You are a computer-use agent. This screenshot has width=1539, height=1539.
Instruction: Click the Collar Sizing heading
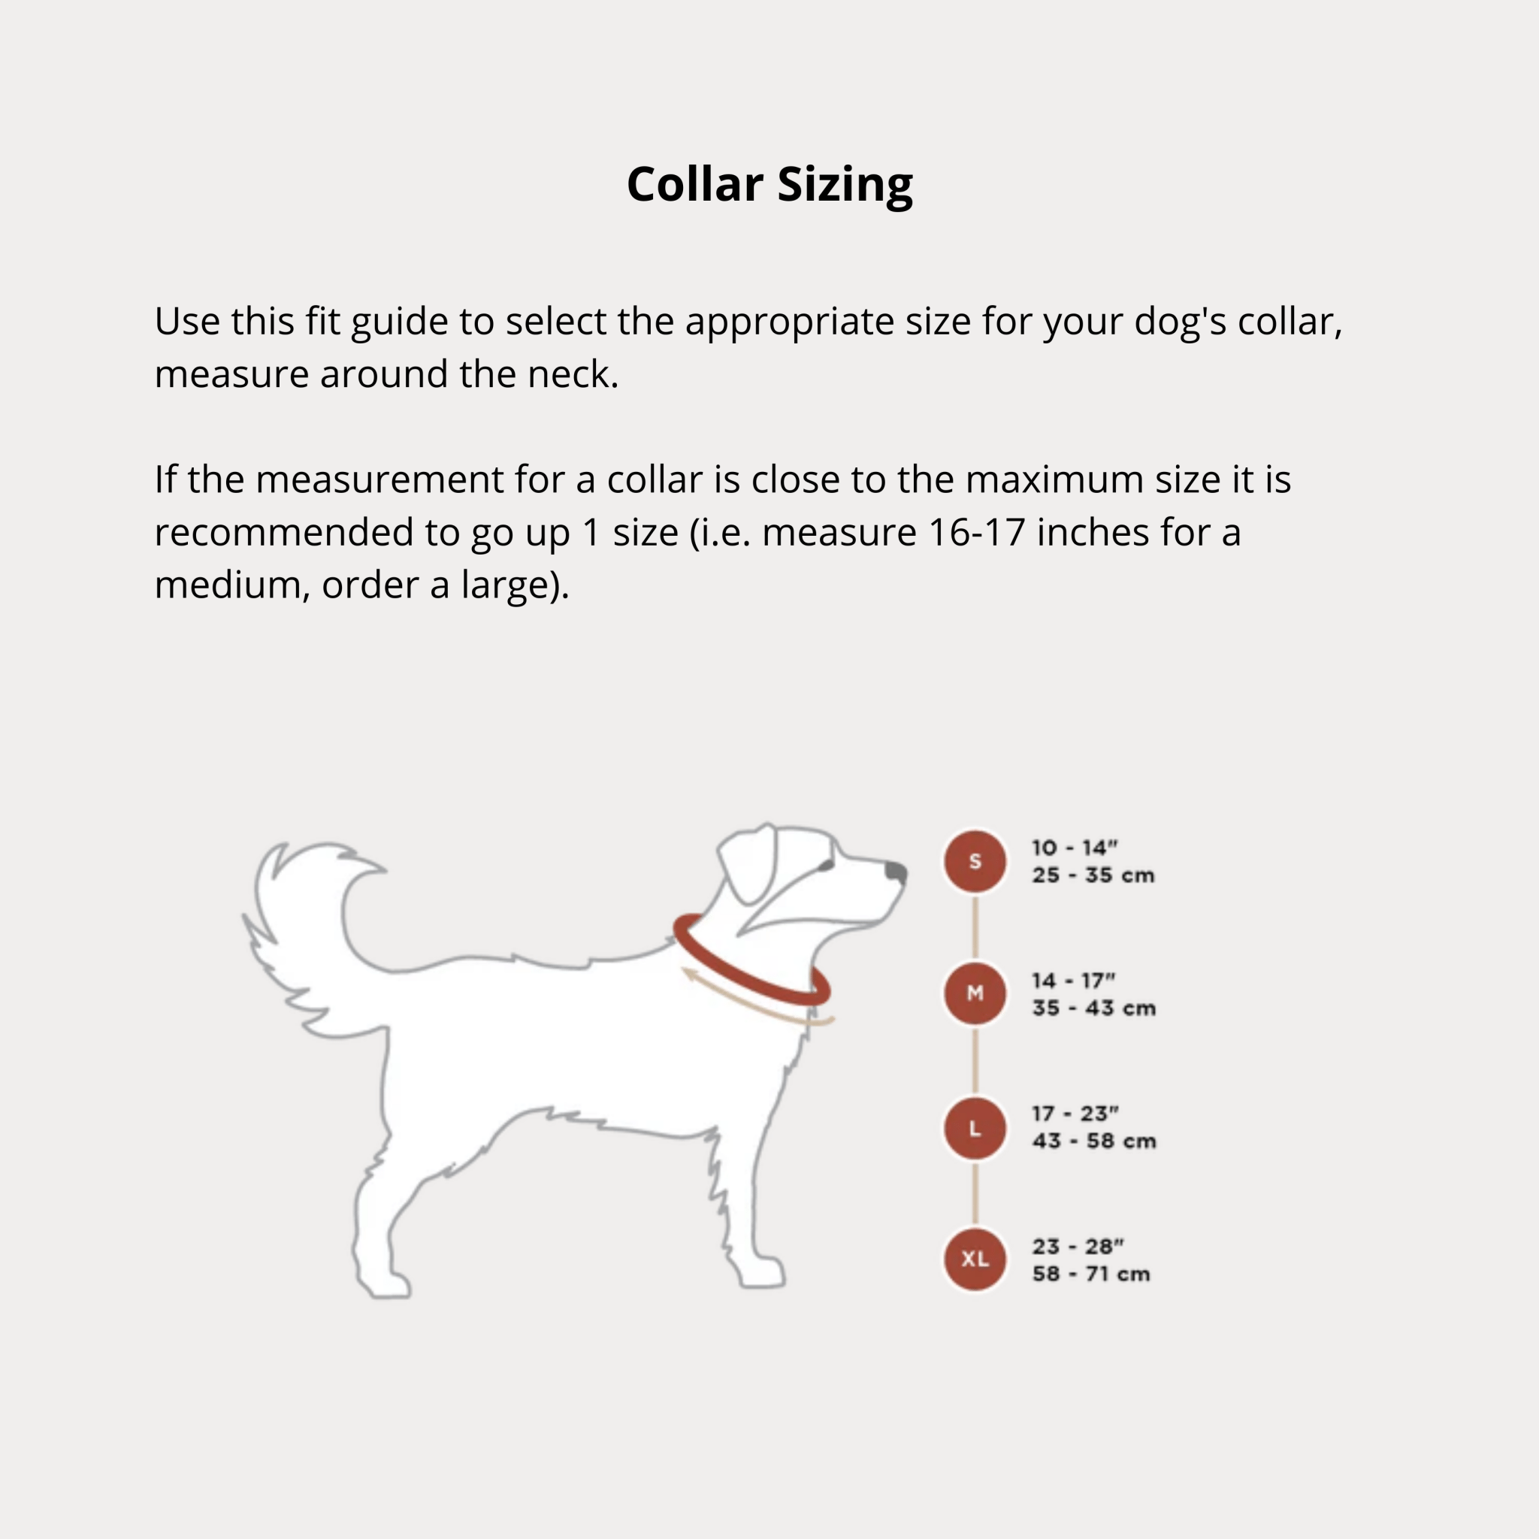coord(769,186)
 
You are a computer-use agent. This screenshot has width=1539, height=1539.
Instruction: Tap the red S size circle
coord(975,861)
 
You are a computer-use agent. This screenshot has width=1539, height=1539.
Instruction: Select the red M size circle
coord(975,993)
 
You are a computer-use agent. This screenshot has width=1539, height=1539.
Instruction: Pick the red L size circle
coord(975,1128)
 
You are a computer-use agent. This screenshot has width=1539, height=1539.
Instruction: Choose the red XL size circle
coord(975,1259)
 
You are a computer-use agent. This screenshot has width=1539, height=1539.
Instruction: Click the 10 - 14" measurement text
coord(1075,848)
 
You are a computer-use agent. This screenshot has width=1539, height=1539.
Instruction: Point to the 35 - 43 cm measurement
coord(1093,1008)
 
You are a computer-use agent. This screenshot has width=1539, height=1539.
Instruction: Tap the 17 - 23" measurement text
coord(1075,1113)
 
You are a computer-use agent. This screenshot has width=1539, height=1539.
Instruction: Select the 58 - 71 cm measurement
coord(1091,1274)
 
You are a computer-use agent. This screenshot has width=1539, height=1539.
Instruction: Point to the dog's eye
coord(826,865)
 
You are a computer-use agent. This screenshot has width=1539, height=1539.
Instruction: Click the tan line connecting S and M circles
coord(975,927)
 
